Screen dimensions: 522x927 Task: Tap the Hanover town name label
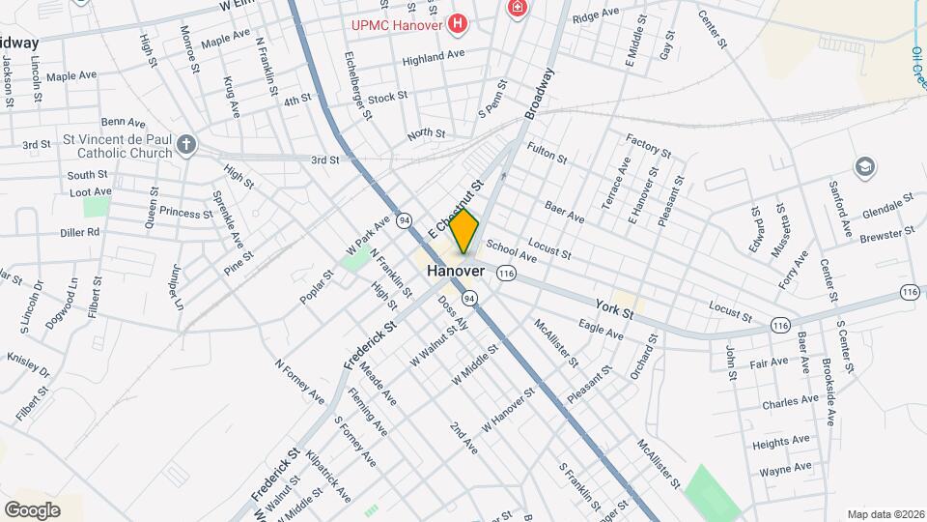click(455, 272)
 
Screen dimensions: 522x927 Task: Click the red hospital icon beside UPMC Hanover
click(459, 21)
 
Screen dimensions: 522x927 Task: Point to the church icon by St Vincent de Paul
click(186, 146)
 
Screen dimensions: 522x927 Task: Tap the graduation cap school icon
click(864, 166)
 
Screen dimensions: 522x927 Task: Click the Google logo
click(32, 509)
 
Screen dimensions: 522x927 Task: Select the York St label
click(614, 308)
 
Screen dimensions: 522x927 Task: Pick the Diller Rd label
click(79, 232)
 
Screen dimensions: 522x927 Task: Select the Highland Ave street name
click(434, 56)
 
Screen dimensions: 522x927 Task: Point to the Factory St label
click(648, 146)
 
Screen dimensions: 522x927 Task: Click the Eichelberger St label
click(357, 92)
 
